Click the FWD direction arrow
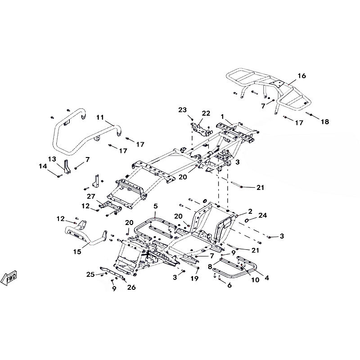9,279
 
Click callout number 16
301,76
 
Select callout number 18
325,122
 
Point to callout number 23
182,110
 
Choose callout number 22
206,113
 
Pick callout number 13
52,159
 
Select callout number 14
43,166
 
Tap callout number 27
91,196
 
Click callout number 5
155,206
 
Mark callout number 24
262,216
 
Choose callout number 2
250,211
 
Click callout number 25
90,274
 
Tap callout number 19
194,279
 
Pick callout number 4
267,278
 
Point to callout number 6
229,285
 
